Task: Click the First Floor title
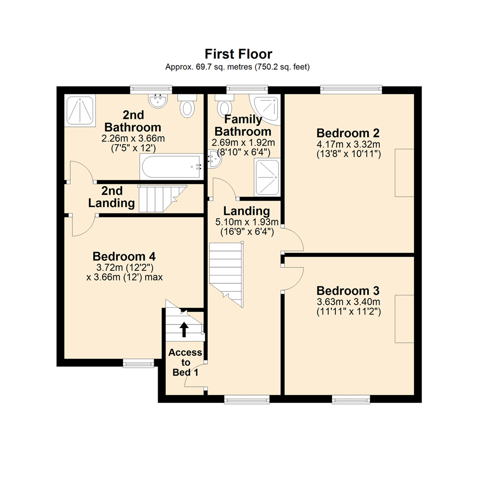pyautogui.click(x=238, y=54)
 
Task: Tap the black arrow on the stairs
pyautogui.click(x=183, y=330)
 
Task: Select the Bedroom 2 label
pyautogui.click(x=349, y=133)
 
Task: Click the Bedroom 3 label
pyautogui.click(x=349, y=291)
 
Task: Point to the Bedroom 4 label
pyautogui.click(x=124, y=256)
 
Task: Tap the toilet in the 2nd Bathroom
pyautogui.click(x=187, y=107)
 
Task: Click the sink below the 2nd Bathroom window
pyautogui.click(x=157, y=101)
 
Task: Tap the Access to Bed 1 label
pyautogui.click(x=185, y=362)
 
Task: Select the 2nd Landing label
pyautogui.click(x=112, y=197)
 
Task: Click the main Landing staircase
pyautogui.click(x=226, y=273)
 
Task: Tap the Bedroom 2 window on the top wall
pyautogui.click(x=351, y=89)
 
